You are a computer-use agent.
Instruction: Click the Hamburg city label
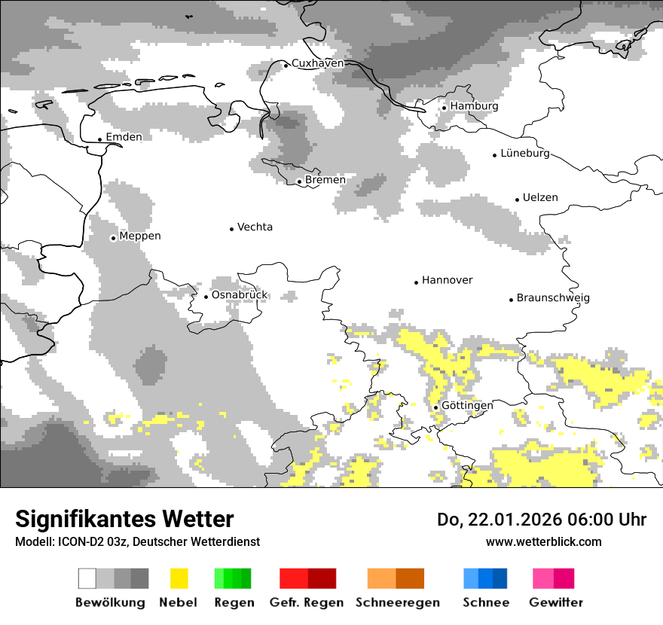coord(474,106)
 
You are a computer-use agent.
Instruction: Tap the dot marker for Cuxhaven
coord(286,66)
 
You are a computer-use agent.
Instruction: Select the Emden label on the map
coord(124,137)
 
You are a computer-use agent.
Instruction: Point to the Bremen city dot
coord(299,181)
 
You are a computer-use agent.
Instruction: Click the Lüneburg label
coord(525,154)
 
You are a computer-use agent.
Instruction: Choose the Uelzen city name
coord(540,198)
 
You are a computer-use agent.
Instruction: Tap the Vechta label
coord(255,227)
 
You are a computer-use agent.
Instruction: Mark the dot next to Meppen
coord(113,238)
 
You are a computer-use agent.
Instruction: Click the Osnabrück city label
coord(240,295)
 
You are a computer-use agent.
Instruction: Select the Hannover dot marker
coord(416,282)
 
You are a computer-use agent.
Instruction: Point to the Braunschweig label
coord(553,298)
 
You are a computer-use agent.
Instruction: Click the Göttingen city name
coord(467,406)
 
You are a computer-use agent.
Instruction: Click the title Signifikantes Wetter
coord(124,520)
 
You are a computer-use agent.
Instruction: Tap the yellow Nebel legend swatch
coord(179,578)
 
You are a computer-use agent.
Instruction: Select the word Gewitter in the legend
coord(555,602)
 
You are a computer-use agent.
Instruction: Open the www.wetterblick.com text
coord(543,542)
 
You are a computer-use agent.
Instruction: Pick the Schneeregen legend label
coord(398,602)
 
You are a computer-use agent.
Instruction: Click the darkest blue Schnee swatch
coord(500,578)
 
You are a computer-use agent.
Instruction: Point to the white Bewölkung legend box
coord(87,578)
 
